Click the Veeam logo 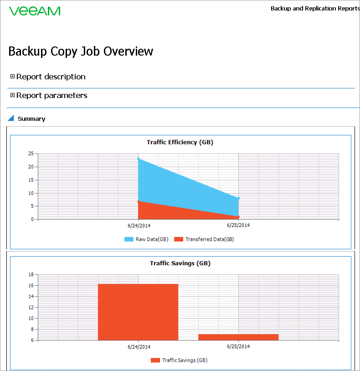[x=35, y=11]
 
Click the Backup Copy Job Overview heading [x=81, y=52]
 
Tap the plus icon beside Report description [x=13, y=77]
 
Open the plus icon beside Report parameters [x=13, y=95]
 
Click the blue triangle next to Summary [x=11, y=118]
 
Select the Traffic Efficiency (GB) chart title [x=180, y=142]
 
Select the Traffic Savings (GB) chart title [x=180, y=263]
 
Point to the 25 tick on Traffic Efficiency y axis [x=31, y=154]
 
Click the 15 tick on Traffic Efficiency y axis [x=31, y=180]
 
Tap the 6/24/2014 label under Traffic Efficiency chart [x=139, y=226]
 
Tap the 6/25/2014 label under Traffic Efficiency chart [x=238, y=225]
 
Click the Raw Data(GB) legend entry [x=146, y=239]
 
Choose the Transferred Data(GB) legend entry [x=204, y=239]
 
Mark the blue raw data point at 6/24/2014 [x=139, y=159]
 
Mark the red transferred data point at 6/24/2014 [x=139, y=201]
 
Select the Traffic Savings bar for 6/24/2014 [x=138, y=312]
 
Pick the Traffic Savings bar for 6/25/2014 [x=238, y=337]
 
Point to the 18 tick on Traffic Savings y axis [x=31, y=275]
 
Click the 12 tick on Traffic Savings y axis [x=31, y=308]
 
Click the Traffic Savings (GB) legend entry [x=179, y=360]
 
